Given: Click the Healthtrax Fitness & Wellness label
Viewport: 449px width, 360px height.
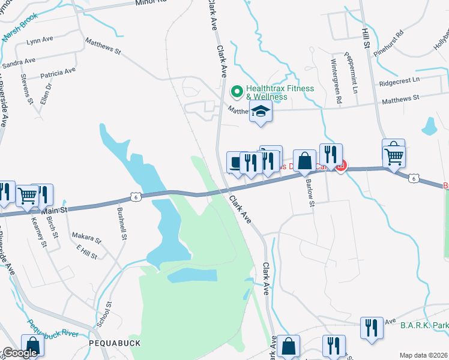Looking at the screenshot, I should point(280,92).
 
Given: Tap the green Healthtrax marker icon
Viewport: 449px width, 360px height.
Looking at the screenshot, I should point(237,92).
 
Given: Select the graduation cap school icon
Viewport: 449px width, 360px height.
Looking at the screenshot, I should point(261,112).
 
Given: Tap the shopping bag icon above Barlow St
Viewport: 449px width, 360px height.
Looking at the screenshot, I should point(305,161).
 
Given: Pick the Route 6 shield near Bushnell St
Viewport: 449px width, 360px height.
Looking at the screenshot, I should point(136,196).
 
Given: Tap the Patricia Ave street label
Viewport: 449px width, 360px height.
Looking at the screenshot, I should point(58,73).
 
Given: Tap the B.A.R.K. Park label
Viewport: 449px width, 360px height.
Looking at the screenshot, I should point(424,325).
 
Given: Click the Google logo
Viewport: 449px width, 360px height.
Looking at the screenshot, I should point(19,353).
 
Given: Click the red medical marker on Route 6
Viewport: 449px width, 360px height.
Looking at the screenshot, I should point(341,166).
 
